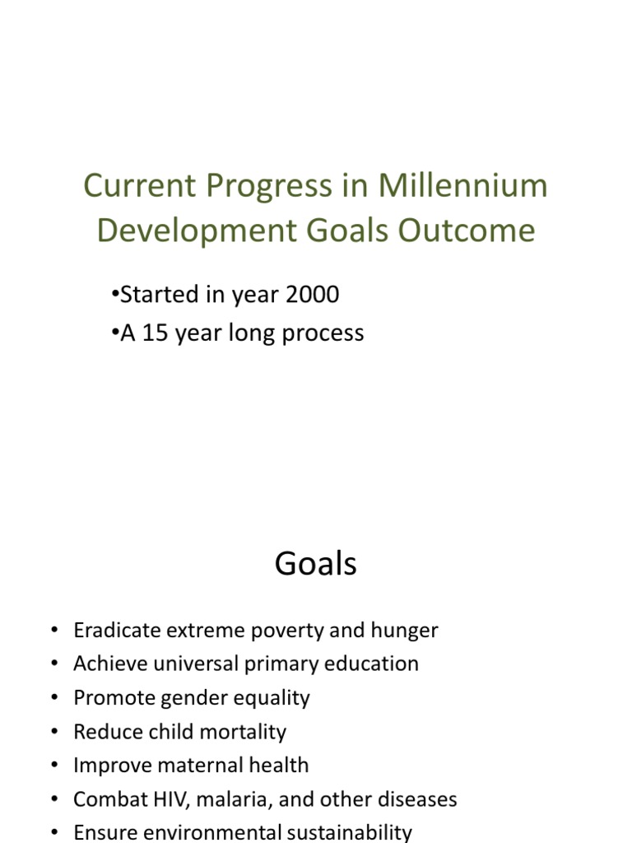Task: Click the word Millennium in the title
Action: (x=462, y=186)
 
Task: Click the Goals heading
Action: (x=316, y=565)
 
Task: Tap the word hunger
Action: (x=405, y=631)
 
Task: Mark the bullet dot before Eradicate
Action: (x=54, y=631)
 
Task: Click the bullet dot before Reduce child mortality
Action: (x=54, y=732)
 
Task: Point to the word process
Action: (x=323, y=333)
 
